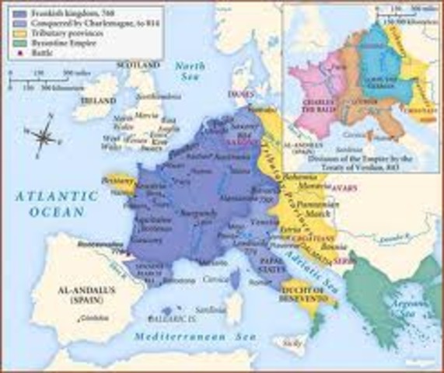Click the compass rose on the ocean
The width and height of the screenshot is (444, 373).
[44, 138]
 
